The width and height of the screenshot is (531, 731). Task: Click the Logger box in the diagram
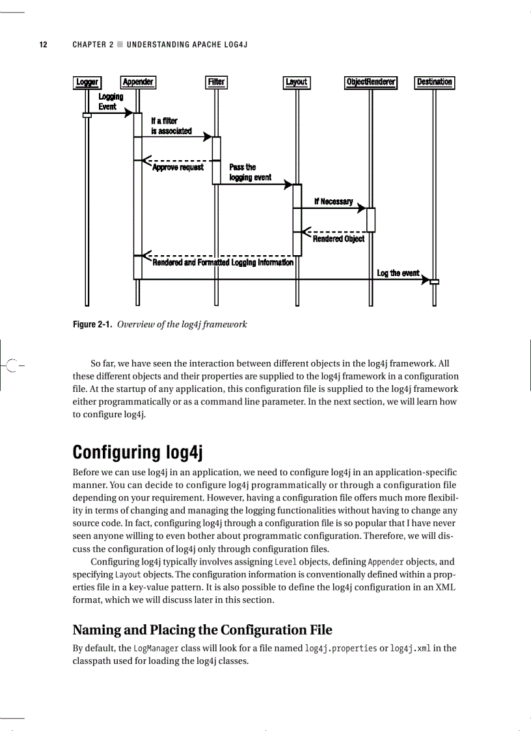(87, 82)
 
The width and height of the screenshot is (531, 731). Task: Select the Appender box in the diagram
(138, 82)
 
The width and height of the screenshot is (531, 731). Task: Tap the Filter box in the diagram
(216, 82)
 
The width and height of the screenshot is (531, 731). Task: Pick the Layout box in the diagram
(297, 82)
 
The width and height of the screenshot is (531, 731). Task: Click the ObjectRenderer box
(370, 82)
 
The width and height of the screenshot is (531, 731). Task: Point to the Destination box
(434, 82)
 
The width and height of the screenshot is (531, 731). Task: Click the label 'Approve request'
(178, 167)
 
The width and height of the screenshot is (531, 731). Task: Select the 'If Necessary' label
(333, 202)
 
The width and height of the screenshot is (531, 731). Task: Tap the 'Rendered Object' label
(338, 239)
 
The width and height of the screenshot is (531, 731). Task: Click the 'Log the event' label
(398, 273)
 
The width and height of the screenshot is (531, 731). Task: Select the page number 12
(43, 45)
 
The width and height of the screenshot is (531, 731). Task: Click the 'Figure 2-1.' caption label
(92, 324)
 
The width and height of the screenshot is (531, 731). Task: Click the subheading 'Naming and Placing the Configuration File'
(202, 629)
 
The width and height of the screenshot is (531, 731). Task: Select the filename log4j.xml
(410, 648)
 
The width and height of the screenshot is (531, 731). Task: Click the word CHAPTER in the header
(89, 45)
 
